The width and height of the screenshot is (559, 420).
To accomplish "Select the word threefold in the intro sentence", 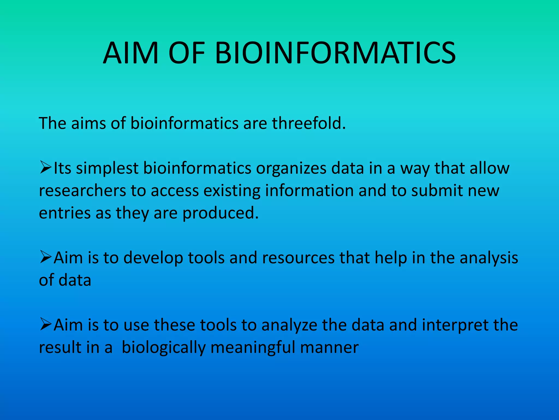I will coord(308,123).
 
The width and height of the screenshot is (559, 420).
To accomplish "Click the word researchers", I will coord(82,191).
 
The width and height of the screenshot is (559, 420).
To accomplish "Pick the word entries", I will coord(65,213).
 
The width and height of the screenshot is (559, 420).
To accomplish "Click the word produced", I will coord(220,213).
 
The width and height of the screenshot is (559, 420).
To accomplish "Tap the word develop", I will coord(153,258).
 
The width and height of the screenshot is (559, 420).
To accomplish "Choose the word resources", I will coord(298,258).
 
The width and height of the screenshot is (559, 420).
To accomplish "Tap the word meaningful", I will coord(253,348).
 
